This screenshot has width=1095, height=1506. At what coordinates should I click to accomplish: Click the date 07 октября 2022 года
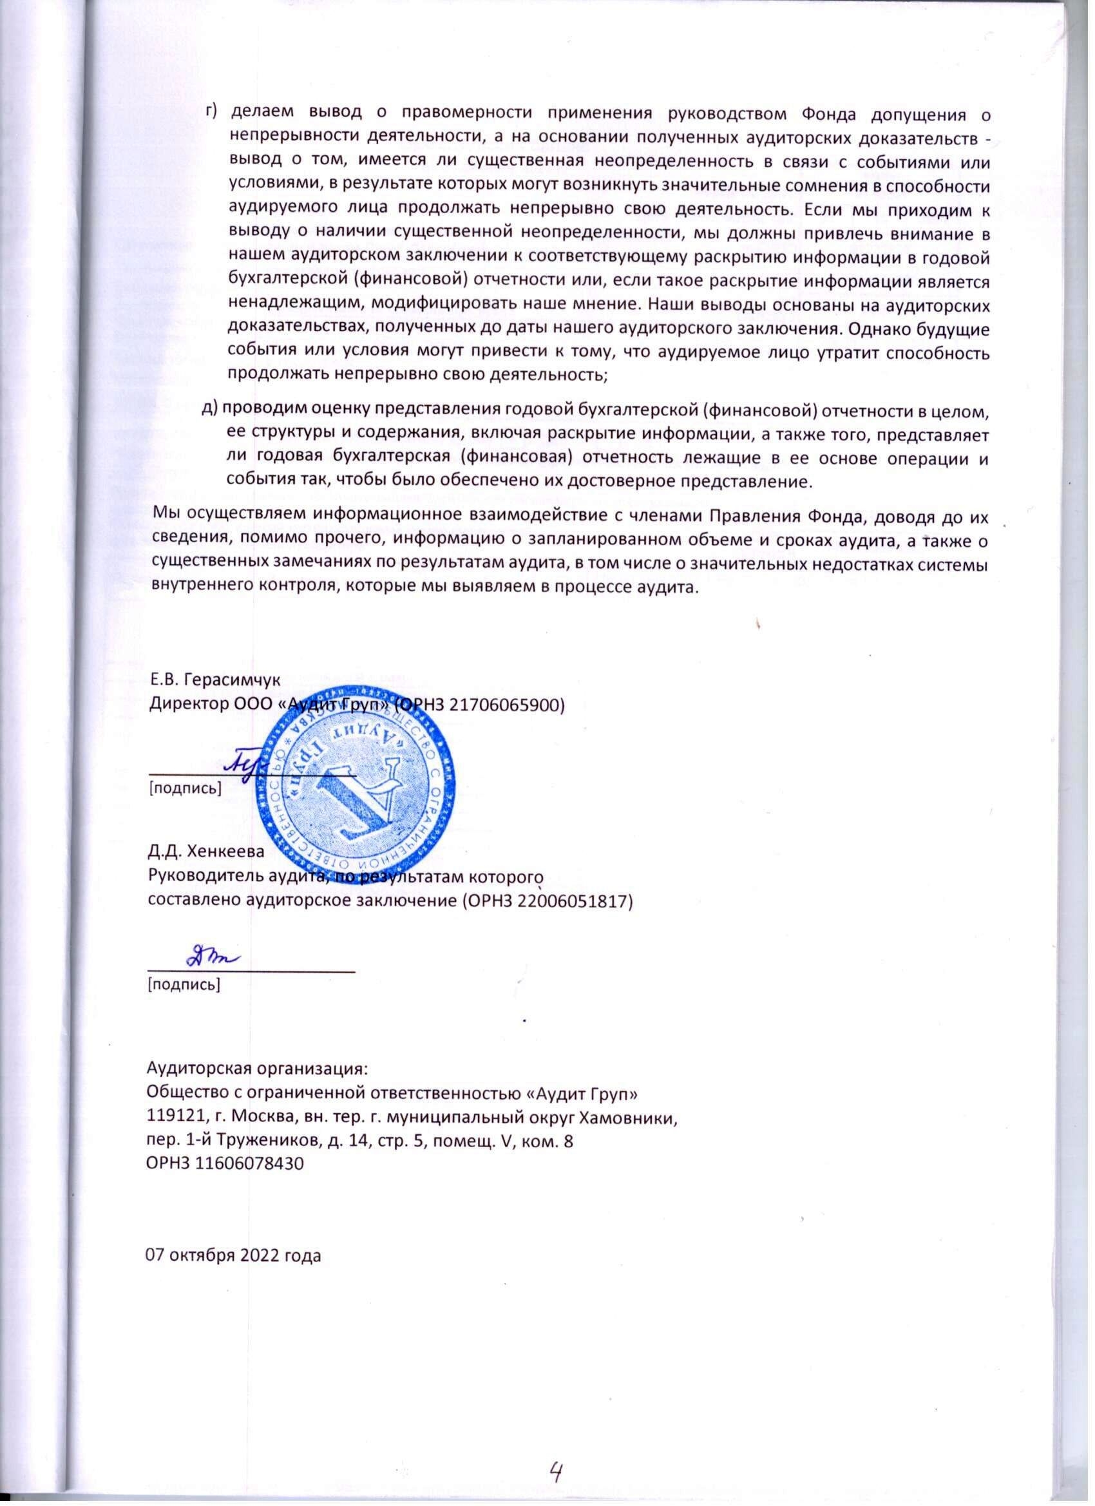(233, 1255)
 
